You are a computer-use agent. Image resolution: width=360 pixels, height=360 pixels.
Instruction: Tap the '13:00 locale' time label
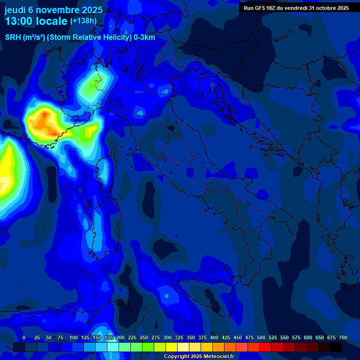click(36, 21)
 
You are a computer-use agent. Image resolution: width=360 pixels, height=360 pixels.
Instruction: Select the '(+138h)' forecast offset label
click(83, 21)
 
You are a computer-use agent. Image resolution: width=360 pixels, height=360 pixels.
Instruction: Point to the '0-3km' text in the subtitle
click(144, 37)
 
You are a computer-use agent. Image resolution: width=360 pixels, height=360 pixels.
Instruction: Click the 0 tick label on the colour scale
click(24, 337)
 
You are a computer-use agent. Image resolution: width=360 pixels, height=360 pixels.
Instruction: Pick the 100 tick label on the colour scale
click(74, 337)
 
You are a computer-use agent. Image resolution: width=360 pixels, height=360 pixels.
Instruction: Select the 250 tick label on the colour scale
click(144, 337)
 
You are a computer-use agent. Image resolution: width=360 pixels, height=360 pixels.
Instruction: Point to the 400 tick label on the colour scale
click(214, 337)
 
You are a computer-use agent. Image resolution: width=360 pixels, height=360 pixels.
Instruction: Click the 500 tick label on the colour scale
click(261, 337)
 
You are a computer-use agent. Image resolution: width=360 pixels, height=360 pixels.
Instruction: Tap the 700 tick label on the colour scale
click(343, 337)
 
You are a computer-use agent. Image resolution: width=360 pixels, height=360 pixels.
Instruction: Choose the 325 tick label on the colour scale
click(179, 337)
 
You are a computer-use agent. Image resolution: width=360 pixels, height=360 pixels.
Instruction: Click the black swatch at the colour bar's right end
click(336, 347)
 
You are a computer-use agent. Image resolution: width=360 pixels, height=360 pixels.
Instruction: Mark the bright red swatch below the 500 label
click(265, 347)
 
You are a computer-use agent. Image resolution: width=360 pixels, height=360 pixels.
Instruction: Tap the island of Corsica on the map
click(104, 171)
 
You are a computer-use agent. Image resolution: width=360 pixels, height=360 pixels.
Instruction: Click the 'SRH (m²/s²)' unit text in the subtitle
click(25, 37)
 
